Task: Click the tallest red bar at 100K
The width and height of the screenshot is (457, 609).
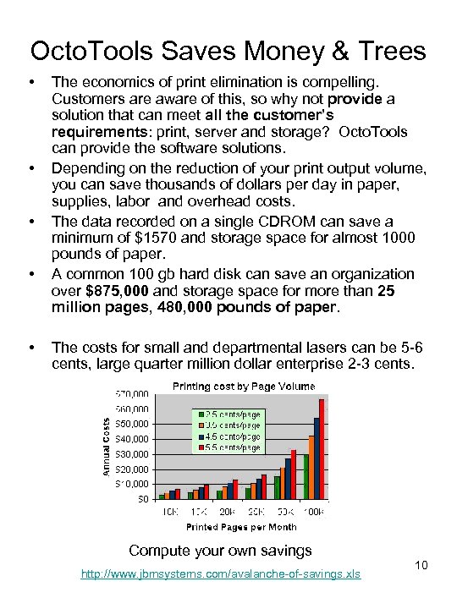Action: [322, 448]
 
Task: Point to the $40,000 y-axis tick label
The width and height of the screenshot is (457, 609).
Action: [133, 438]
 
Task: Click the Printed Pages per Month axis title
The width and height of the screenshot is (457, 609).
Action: [230, 527]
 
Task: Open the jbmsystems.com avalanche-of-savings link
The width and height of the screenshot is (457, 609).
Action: [220, 574]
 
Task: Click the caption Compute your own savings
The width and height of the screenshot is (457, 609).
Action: [220, 551]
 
